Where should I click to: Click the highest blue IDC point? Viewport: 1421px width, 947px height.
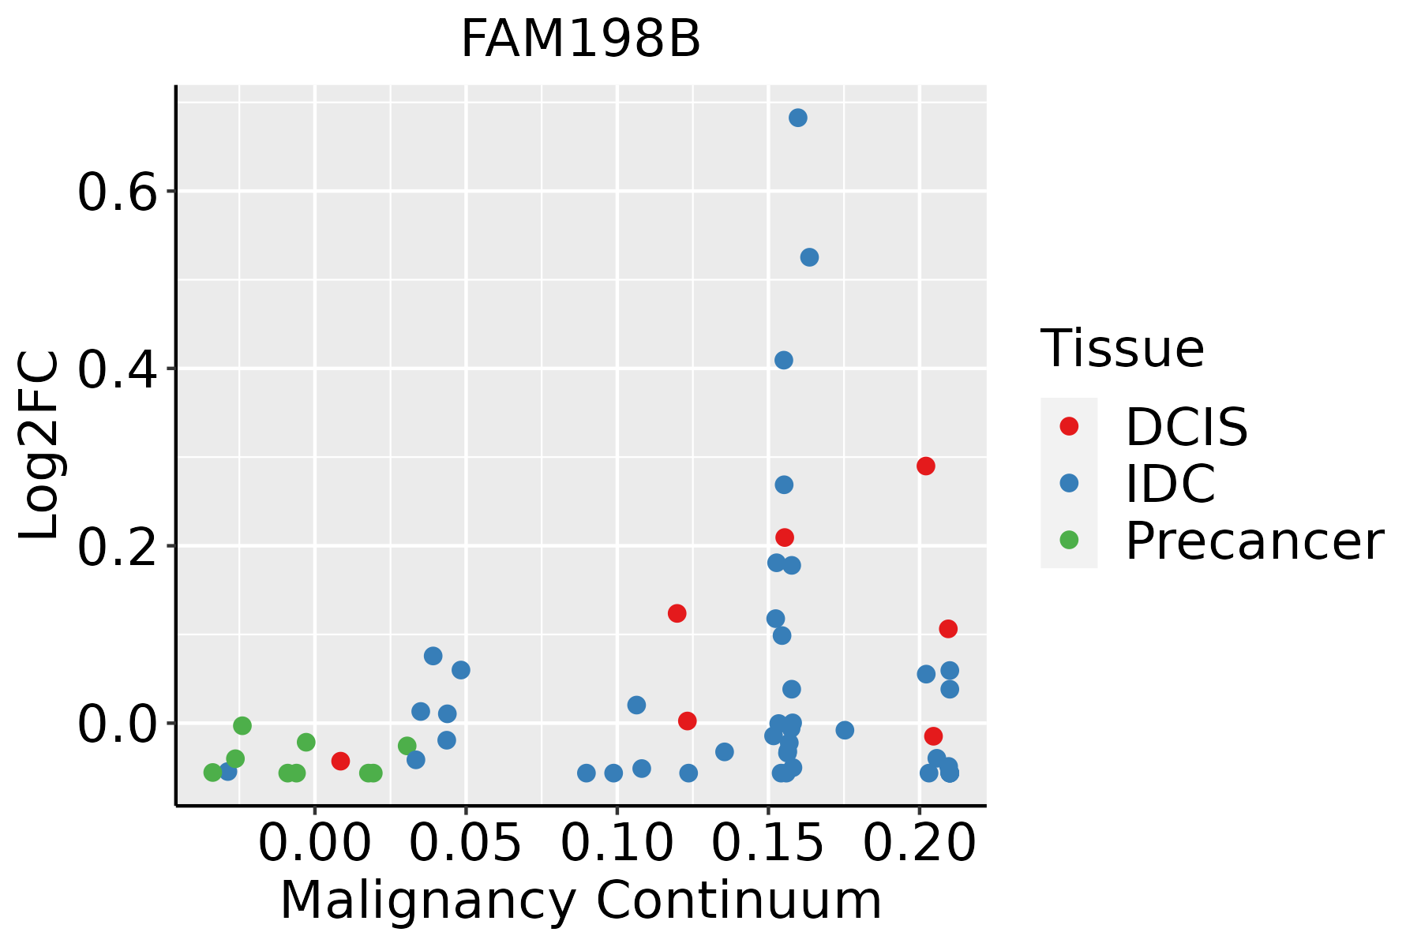[x=798, y=118]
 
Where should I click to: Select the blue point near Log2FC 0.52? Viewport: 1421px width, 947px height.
[x=809, y=257]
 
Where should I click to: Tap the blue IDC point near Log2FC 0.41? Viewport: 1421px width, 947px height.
[x=784, y=361]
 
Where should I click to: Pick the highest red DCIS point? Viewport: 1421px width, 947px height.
[x=926, y=466]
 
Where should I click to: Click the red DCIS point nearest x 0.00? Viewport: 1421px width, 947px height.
[x=340, y=761]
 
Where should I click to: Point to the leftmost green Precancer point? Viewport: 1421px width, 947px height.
[x=212, y=773]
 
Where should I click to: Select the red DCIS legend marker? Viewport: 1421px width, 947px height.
[x=1069, y=426]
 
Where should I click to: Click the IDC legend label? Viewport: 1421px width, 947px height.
[x=1170, y=484]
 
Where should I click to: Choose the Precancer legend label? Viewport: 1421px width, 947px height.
[x=1254, y=541]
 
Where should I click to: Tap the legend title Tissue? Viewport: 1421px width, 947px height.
[x=1123, y=348]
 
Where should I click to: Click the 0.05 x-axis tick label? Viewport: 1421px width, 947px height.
[x=467, y=844]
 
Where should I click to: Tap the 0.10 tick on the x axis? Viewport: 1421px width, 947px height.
[x=617, y=844]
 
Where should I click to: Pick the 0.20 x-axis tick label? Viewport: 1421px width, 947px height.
[x=920, y=844]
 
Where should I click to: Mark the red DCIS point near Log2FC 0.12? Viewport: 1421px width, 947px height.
[x=677, y=613]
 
